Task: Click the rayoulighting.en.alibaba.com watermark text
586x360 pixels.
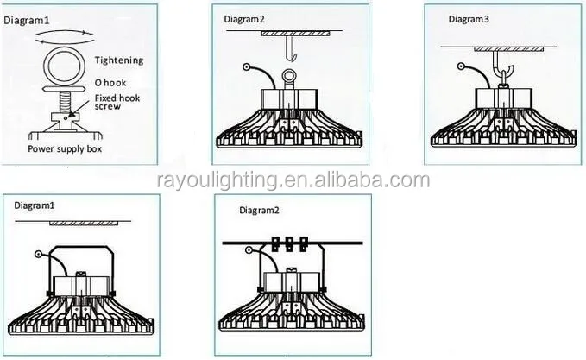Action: (293, 180)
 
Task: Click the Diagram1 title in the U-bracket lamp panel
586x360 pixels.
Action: (33, 206)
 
